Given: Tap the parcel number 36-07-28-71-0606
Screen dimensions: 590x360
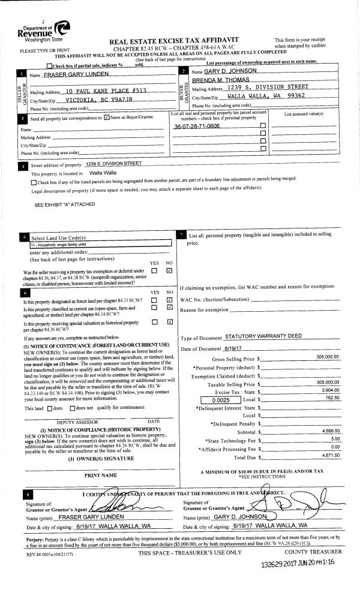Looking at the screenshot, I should [197, 127].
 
